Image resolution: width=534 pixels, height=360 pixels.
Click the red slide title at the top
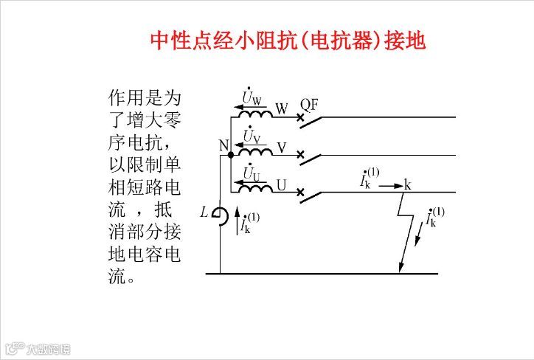[288, 40]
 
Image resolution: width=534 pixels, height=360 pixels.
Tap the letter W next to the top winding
[281, 109]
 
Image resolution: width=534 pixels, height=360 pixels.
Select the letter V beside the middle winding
[282, 148]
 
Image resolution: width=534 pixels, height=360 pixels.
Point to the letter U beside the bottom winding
[282, 185]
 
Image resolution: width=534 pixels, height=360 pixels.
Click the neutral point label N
[223, 145]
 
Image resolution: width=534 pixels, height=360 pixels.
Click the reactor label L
[204, 212]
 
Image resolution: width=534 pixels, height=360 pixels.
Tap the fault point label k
[407, 185]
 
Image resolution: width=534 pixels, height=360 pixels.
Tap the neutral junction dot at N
[231, 155]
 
